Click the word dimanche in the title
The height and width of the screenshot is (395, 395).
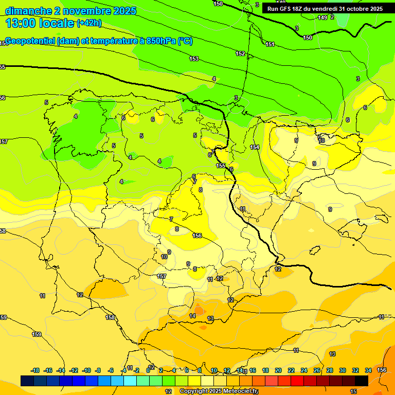coord(28,11)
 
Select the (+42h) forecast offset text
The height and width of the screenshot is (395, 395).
coord(89,23)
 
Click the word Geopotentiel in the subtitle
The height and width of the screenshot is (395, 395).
coord(31,42)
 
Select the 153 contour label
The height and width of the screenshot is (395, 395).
coord(194,59)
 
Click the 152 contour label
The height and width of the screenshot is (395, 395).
coord(240,53)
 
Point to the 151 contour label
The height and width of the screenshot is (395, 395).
coord(270,45)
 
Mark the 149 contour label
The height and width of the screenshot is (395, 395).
coord(322,18)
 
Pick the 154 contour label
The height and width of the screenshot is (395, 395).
coord(255,148)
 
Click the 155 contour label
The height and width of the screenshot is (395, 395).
coord(221,166)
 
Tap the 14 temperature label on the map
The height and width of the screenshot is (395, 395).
coord(192,316)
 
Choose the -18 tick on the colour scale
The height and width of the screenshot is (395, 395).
coord(35,370)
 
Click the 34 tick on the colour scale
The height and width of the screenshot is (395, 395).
coord(368,370)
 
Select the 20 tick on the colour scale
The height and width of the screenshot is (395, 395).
coord(278,370)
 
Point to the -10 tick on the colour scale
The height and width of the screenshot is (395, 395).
coord(86,370)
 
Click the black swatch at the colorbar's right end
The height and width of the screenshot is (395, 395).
coord(362,381)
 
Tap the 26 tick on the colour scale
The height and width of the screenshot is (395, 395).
coord(317,370)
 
